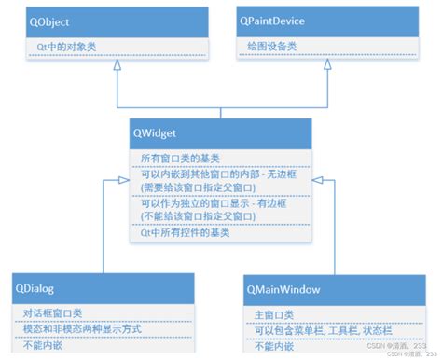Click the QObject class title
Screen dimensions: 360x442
pos(48,21)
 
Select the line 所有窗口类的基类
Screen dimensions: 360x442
pos(181,157)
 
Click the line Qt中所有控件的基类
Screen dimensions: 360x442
pos(186,232)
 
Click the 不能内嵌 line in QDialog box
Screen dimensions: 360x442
pos(38,347)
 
